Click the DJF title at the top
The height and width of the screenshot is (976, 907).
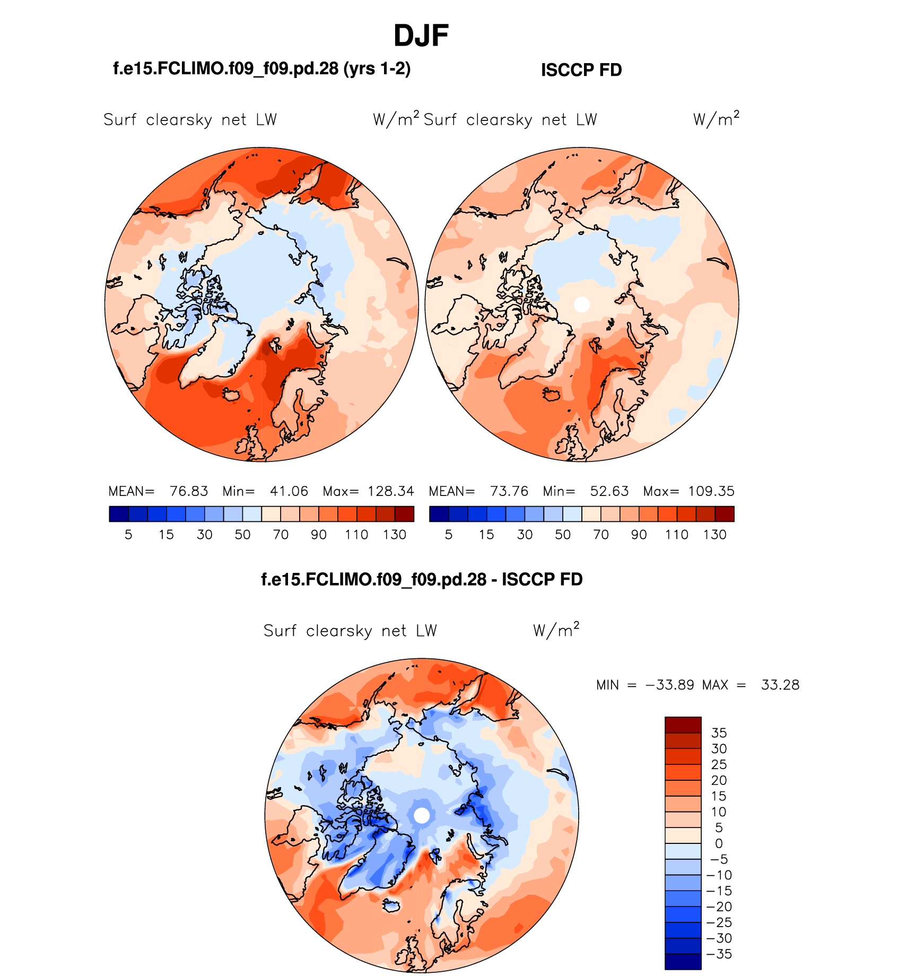[x=421, y=36]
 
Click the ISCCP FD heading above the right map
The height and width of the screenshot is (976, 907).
[x=581, y=70]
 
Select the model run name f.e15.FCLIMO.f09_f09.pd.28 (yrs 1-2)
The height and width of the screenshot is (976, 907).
[x=262, y=68]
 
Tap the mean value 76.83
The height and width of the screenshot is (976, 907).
[x=189, y=491]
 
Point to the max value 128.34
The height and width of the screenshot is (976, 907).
[x=391, y=491]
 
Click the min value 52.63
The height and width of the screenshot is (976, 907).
[x=609, y=491]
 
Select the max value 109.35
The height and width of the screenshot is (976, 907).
[x=711, y=491]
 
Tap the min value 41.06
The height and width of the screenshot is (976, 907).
[x=289, y=491]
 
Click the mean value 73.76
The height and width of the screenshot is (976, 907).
[x=509, y=491]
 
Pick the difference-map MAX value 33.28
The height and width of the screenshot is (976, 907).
[x=780, y=685]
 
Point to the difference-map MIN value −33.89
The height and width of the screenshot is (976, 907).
[x=670, y=685]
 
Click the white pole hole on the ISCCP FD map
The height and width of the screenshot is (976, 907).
[x=582, y=304]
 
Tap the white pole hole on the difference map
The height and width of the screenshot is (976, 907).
[x=422, y=815]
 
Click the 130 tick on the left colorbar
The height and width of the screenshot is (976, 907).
[x=395, y=535]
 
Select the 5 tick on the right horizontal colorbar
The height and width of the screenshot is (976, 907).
[x=449, y=535]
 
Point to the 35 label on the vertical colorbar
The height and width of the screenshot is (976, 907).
[x=719, y=733]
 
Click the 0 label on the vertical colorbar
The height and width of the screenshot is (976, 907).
[x=719, y=843]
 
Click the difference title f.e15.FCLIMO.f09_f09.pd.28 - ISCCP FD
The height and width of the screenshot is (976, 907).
[x=422, y=579]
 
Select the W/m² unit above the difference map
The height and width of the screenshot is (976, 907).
[x=556, y=630]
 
